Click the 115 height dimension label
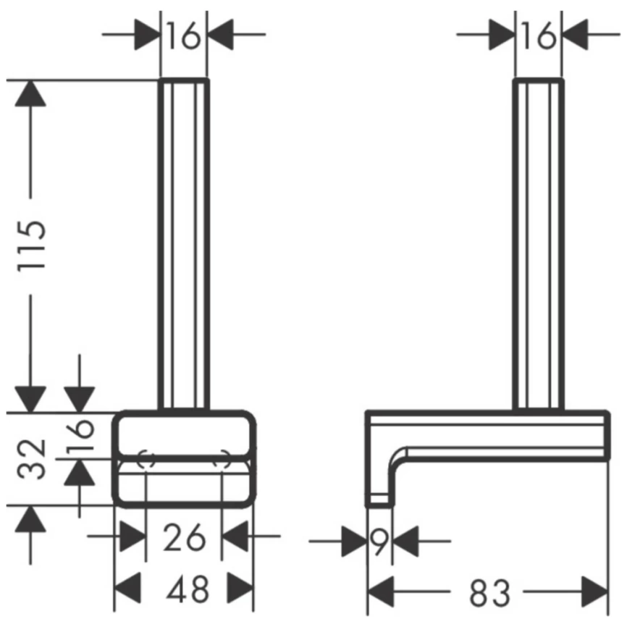(x=32, y=246)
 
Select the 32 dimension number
(x=32, y=459)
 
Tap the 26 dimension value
(x=184, y=537)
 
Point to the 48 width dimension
(x=188, y=589)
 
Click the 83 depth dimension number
(x=490, y=592)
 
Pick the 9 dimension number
(x=379, y=542)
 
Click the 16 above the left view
(x=183, y=35)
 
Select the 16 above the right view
(x=539, y=35)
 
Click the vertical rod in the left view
(x=184, y=245)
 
